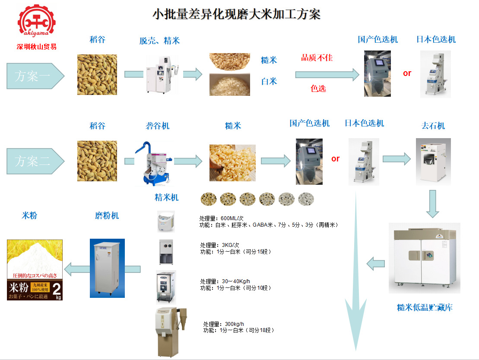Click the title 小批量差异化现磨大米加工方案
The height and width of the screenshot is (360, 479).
pyautogui.click(x=237, y=14)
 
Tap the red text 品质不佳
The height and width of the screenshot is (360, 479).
pyautogui.click(x=317, y=57)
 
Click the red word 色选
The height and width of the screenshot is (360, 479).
pyautogui.click(x=318, y=88)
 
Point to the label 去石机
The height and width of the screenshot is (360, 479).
pyautogui.click(x=433, y=126)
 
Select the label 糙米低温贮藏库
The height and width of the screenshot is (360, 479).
pyautogui.click(x=425, y=308)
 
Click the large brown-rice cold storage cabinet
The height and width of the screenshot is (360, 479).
pyautogui.click(x=424, y=258)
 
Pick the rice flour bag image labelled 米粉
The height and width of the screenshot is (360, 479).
pyautogui.click(x=35, y=270)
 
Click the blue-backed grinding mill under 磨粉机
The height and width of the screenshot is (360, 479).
pyautogui.click(x=107, y=268)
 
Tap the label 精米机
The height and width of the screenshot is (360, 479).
pyautogui.click(x=167, y=198)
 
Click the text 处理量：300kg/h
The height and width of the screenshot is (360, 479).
pyautogui.click(x=224, y=324)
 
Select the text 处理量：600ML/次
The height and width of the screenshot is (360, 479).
pyautogui.click(x=222, y=218)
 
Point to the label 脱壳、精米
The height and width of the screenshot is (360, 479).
pyautogui.click(x=159, y=41)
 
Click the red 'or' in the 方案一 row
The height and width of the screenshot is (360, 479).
pyautogui.click(x=407, y=73)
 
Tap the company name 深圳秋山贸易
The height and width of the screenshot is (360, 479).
pyautogui.click(x=36, y=47)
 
